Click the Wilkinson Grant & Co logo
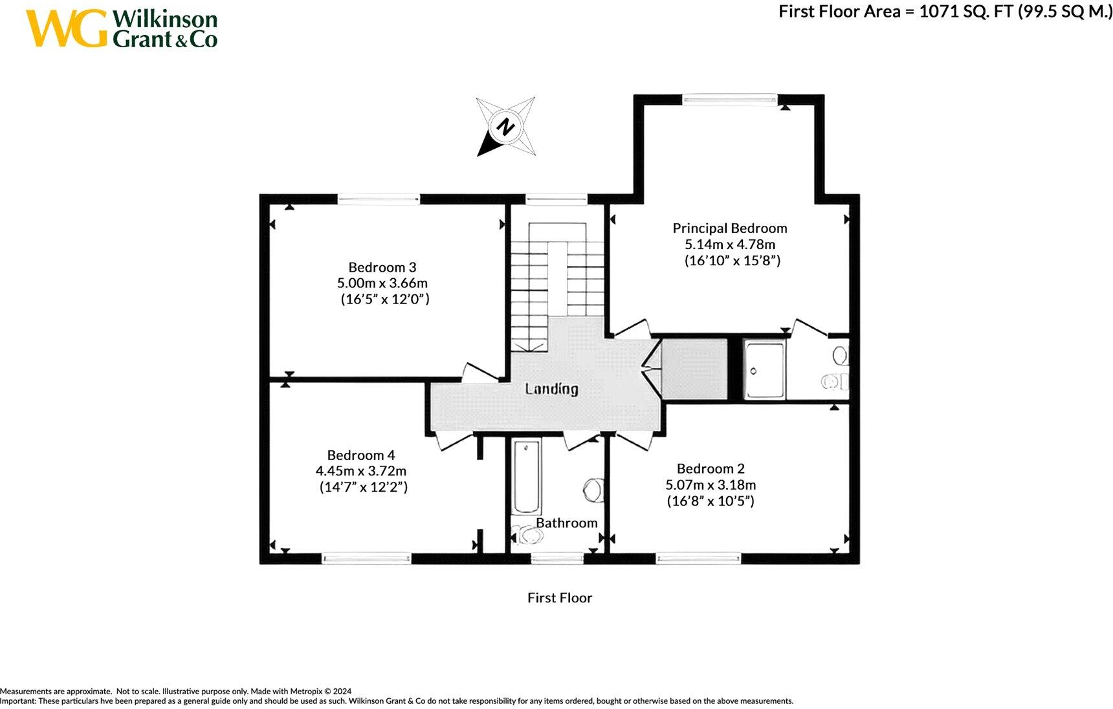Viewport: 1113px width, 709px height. tap(122, 28)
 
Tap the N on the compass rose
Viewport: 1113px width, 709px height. tap(505, 127)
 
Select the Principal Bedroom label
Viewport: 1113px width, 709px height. tap(729, 228)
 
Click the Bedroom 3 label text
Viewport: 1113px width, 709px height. tap(382, 267)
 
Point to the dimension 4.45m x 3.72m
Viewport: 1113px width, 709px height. tap(360, 471)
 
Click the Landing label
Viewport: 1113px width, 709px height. tap(551, 389)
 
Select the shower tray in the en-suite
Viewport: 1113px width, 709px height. tap(764, 369)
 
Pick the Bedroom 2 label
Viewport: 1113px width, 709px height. tap(710, 468)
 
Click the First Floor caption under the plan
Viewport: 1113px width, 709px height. tap(559, 598)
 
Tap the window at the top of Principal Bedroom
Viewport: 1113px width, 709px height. tap(729, 99)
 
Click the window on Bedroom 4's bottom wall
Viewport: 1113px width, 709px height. tap(366, 557)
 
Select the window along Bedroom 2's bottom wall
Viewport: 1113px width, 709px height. tap(698, 557)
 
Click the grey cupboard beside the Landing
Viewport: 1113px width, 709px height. tap(694, 369)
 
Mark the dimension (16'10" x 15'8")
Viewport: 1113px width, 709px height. tap(732, 261)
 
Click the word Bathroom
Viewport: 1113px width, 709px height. tap(566, 523)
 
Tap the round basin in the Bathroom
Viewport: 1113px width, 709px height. tap(593, 489)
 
